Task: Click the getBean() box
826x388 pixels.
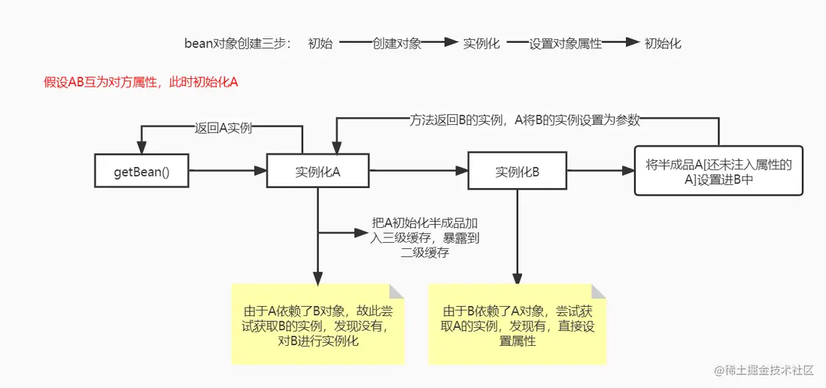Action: tap(141, 171)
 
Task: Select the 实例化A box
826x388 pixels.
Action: tap(317, 171)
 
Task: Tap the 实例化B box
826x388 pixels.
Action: tap(518, 171)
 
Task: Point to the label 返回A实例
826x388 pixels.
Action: tap(223, 128)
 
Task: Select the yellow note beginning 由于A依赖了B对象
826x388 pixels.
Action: tap(317, 324)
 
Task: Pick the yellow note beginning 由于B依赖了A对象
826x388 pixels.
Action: tap(518, 324)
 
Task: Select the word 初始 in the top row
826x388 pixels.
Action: tap(320, 44)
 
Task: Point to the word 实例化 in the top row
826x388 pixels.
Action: tap(481, 44)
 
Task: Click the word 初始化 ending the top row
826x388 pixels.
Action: tap(664, 44)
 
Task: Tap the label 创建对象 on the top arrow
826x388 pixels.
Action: tap(396, 44)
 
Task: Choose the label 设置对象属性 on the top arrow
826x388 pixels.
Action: tap(566, 44)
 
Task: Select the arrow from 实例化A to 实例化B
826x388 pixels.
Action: tap(418, 171)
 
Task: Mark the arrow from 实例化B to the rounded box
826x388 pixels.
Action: tap(600, 171)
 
